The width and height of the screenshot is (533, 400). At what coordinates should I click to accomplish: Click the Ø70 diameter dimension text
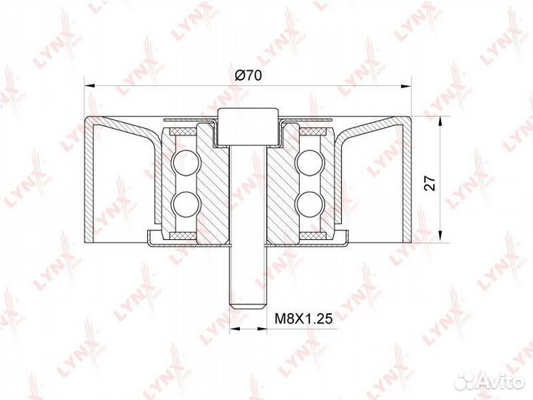click(249, 75)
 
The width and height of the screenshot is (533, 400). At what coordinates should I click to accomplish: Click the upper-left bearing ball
click(184, 161)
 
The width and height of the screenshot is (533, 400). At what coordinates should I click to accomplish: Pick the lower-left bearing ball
click(184, 201)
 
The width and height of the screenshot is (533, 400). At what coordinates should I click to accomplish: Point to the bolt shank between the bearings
click(247, 193)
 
